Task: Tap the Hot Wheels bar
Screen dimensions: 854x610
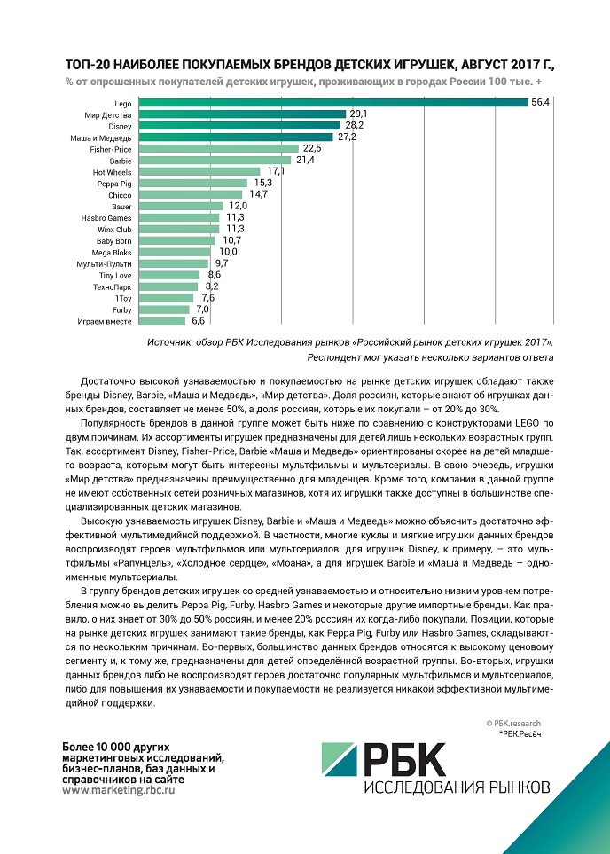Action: [x=199, y=171]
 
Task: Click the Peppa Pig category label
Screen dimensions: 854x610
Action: [x=114, y=183]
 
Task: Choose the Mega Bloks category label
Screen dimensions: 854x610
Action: [x=113, y=252]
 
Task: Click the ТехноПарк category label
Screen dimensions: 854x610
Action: [x=113, y=286]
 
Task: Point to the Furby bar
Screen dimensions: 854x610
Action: [x=163, y=309]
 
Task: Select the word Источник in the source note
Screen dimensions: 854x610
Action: [x=170, y=341]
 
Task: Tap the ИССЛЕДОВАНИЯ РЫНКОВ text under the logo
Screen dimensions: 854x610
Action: [x=457, y=787]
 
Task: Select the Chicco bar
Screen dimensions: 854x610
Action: [x=191, y=194]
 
